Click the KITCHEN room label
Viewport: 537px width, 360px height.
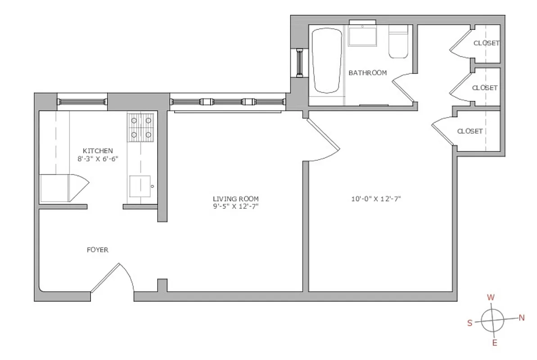98,151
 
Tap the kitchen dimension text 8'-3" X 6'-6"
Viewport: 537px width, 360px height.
98,159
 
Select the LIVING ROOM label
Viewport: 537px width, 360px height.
236,198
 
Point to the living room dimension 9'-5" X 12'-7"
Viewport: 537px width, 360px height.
236,207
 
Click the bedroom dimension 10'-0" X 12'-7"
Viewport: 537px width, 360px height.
377,198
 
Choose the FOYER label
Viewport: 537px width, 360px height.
98,250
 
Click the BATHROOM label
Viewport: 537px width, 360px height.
367,73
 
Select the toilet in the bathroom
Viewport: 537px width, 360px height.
398,43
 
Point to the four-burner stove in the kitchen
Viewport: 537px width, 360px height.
141,127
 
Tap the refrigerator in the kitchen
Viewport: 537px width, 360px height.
54,188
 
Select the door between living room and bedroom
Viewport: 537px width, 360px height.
322,139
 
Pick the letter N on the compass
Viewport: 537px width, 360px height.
522,318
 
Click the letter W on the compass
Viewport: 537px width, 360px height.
491,297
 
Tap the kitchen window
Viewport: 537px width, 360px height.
82,102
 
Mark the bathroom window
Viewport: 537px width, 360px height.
299,62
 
